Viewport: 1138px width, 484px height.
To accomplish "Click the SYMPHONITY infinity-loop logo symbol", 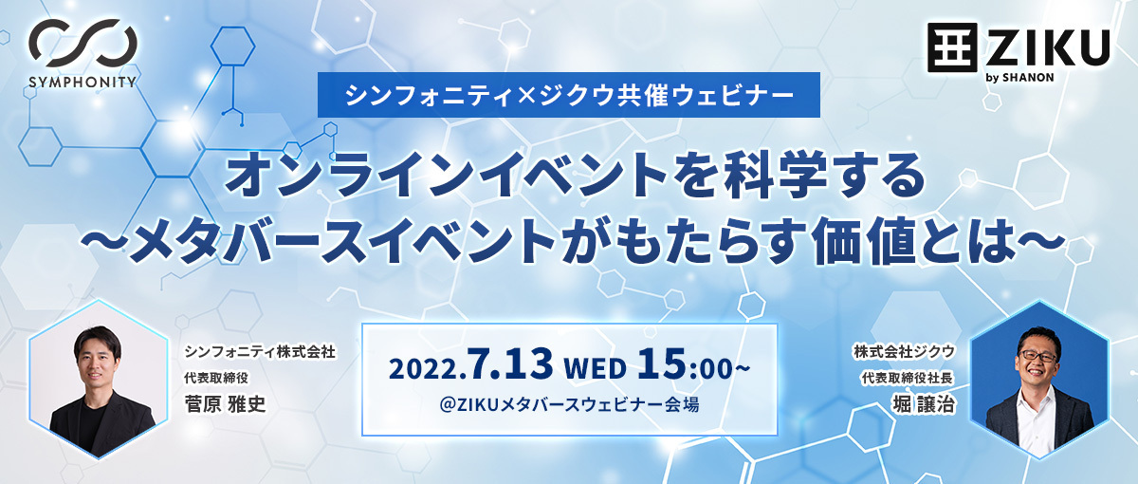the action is pos(83,44).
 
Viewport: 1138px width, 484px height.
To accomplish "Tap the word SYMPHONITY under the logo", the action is pos(83,82).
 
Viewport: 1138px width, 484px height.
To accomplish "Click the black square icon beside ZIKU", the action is pos(952,47).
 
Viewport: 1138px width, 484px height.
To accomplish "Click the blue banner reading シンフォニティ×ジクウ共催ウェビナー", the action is pos(568,95).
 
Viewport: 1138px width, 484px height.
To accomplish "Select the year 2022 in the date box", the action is pos(425,368).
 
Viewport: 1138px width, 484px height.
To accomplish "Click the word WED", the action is pos(595,368).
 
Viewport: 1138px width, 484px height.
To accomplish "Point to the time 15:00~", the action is pos(693,364).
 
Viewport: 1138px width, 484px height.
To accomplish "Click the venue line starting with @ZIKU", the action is pos(569,404).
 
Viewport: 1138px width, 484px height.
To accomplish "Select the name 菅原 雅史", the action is pos(225,404).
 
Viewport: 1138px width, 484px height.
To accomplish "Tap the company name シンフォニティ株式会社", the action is pos(260,351).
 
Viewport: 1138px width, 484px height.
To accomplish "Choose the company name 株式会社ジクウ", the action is pos(904,351).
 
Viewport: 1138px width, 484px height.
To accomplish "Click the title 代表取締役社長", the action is pos(907,379).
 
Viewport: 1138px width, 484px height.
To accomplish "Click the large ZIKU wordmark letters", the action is pos(1048,47).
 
